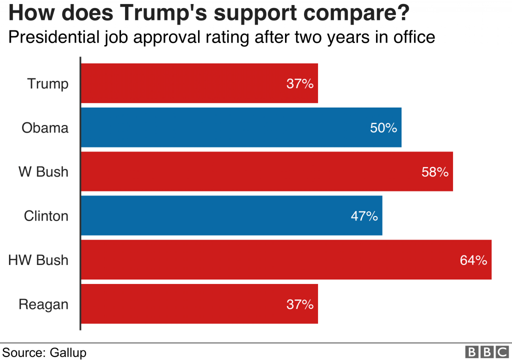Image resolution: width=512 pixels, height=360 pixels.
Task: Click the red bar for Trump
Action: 199,83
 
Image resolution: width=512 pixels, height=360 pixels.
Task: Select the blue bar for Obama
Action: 241,127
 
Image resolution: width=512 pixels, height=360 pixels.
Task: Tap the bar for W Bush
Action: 266,171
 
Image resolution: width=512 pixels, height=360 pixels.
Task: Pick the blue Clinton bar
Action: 231,215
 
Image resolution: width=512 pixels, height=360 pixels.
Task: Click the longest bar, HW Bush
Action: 286,259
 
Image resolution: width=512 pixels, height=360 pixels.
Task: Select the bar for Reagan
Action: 199,304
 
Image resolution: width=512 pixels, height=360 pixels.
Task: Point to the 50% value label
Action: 383,128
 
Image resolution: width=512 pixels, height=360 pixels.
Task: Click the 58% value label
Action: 435,172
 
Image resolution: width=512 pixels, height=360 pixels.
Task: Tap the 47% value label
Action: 364,216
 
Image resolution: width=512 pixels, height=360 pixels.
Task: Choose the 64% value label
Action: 473,260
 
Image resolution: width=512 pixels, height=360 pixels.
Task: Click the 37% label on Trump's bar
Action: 300,83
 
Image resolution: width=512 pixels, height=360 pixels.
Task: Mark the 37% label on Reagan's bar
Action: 300,304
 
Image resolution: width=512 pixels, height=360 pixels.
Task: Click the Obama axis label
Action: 45,128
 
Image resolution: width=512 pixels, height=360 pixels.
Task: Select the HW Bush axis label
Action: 38,260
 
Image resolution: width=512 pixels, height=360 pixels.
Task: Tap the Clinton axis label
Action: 46,216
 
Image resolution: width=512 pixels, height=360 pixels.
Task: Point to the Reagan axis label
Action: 43,304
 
